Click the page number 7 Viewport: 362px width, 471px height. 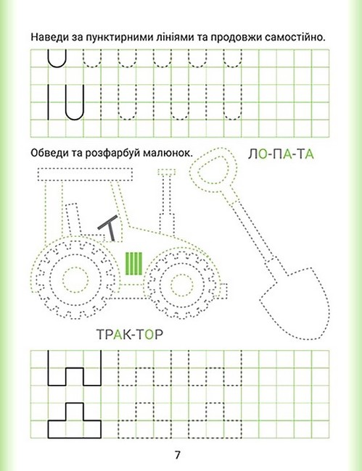pos(177,455)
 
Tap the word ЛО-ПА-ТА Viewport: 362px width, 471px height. pos(281,154)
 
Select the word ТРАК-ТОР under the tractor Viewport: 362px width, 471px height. pos(130,334)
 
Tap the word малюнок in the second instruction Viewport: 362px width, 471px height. pos(167,153)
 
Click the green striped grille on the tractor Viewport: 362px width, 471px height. pos(133,264)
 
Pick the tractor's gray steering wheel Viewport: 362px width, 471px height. pos(108,227)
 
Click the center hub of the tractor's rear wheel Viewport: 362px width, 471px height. pos(75,280)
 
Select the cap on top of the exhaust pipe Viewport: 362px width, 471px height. pos(167,172)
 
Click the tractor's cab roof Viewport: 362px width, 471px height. pos(85,175)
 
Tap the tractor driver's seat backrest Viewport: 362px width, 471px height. pos(73,220)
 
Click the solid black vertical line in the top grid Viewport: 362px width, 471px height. pos(48,102)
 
